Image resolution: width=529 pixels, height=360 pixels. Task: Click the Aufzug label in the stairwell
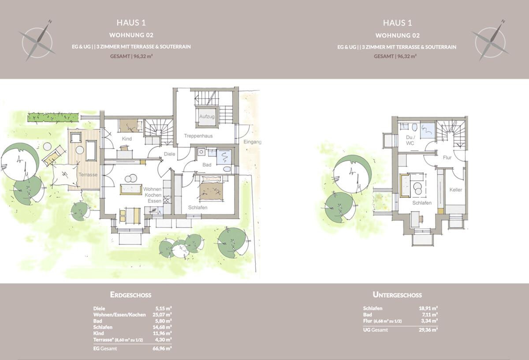207,116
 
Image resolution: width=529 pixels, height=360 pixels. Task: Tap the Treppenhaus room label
198,136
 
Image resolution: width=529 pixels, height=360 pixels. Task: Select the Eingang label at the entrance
252,142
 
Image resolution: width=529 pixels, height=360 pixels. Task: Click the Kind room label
127,139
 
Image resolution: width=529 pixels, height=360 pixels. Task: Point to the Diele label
169,154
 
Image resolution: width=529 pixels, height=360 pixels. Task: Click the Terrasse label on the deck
88,175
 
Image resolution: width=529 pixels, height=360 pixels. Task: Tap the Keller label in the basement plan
456,190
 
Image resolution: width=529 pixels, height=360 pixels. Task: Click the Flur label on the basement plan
447,157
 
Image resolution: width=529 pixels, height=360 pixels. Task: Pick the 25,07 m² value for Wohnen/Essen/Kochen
164,315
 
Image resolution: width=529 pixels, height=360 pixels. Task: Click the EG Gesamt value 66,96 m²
164,348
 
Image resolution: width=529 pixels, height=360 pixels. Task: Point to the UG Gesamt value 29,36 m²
429,330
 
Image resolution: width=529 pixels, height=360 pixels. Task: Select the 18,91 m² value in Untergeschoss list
429,308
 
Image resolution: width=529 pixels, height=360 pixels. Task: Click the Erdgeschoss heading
130,295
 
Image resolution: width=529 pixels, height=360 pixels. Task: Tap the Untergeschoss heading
397,295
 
